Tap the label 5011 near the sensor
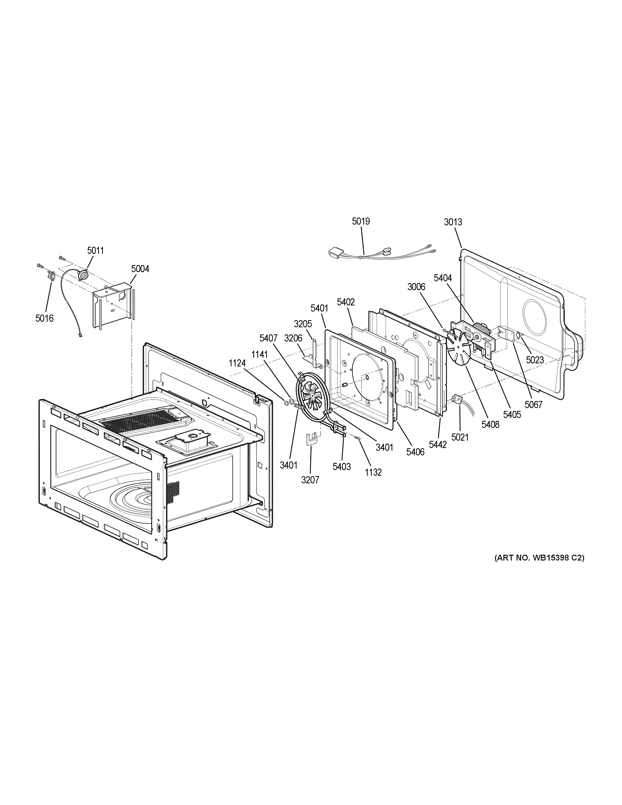click(x=96, y=251)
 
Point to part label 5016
click(x=44, y=318)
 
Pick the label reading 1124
click(x=237, y=363)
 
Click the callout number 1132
click(x=373, y=472)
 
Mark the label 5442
click(x=438, y=444)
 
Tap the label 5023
click(x=535, y=360)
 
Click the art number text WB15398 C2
click(x=539, y=568)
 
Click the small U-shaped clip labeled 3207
click(x=312, y=439)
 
